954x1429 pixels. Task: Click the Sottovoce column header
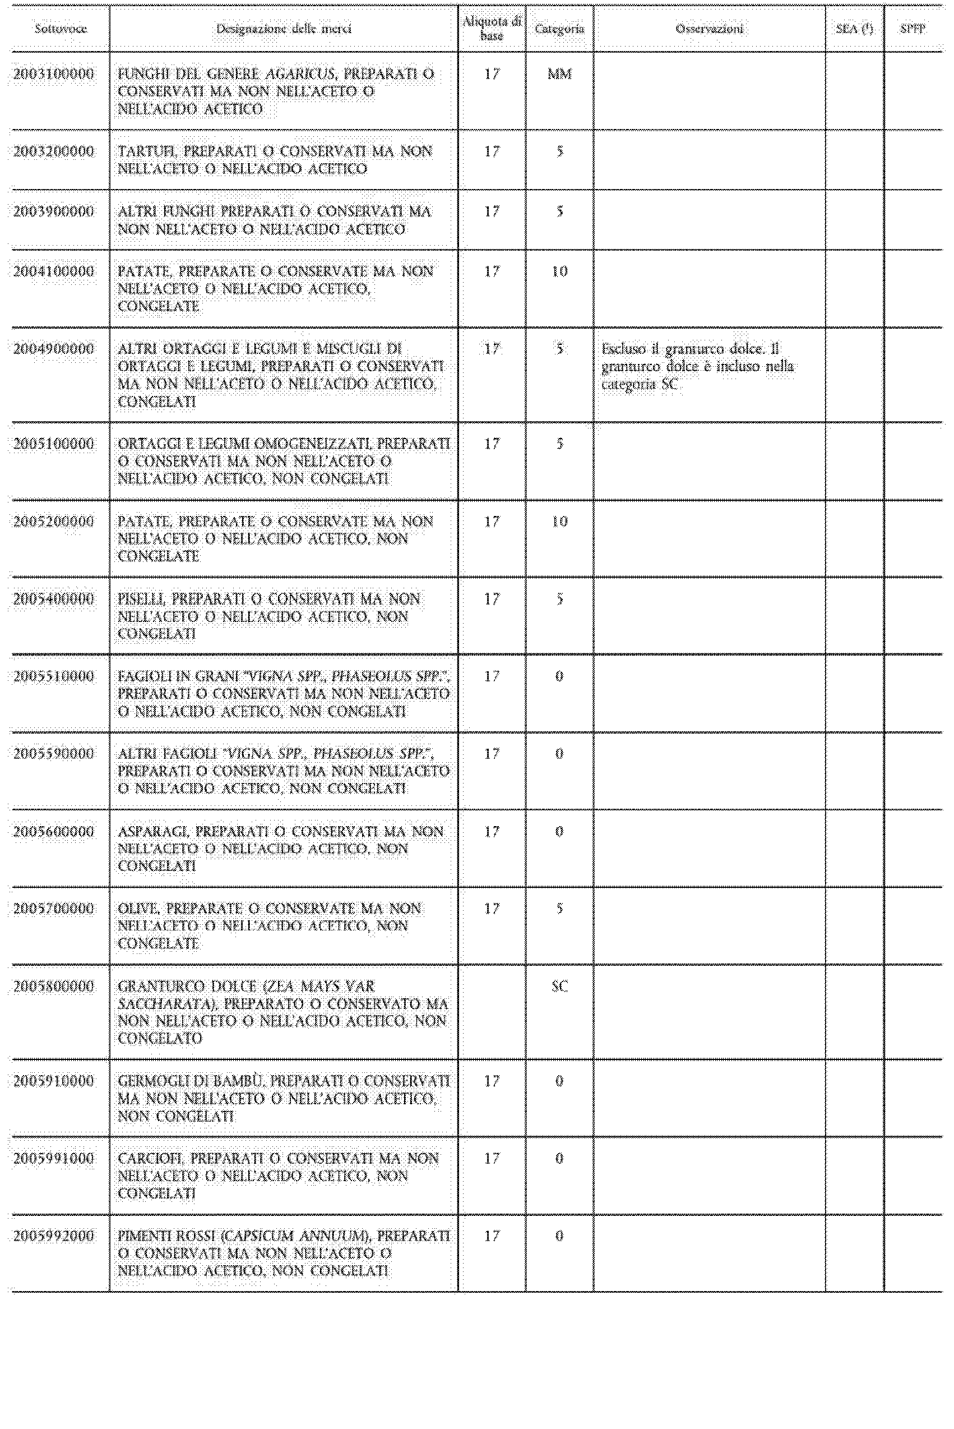tap(60, 29)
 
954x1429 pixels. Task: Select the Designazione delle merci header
tap(284, 29)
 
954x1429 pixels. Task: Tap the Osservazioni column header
tap(709, 29)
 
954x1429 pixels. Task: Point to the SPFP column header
tap(913, 29)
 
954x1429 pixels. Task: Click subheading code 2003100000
tap(54, 74)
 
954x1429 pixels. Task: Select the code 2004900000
tap(54, 349)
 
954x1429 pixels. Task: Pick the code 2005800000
tap(54, 987)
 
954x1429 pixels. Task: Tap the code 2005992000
tap(54, 1236)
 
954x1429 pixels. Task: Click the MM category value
tap(559, 74)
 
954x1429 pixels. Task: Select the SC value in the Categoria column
tap(559, 987)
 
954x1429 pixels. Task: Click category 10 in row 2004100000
tap(559, 271)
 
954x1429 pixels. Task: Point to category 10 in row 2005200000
tap(559, 522)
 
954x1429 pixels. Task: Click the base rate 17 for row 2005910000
tap(492, 1081)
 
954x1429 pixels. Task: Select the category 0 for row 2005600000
tap(559, 831)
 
